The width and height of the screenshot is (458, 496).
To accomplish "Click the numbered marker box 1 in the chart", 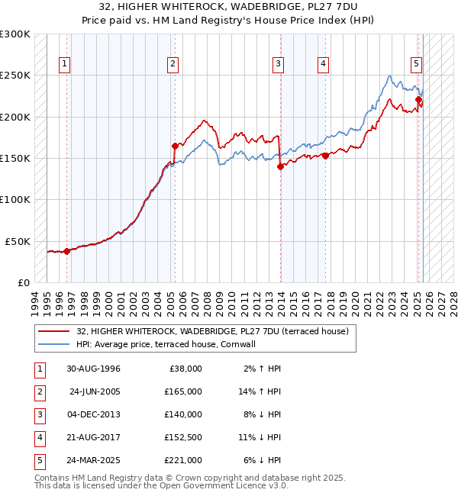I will coord(65,64).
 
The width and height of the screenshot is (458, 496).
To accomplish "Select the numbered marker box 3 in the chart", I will coord(279,64).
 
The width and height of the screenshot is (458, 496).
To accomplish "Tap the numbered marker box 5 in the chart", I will coord(417,64).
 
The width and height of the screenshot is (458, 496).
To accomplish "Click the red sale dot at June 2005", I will coord(175,146).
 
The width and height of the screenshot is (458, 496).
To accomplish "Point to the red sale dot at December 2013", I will coord(280,167).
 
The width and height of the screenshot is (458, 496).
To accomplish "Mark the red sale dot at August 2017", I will coord(326,156).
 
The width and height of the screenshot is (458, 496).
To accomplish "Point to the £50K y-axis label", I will coord(18,241).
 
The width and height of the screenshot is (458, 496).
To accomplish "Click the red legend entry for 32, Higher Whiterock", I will coord(212,331).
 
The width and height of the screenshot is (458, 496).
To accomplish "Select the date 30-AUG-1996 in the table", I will coord(93,369).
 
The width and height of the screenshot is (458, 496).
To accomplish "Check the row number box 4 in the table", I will coord(37,437).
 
